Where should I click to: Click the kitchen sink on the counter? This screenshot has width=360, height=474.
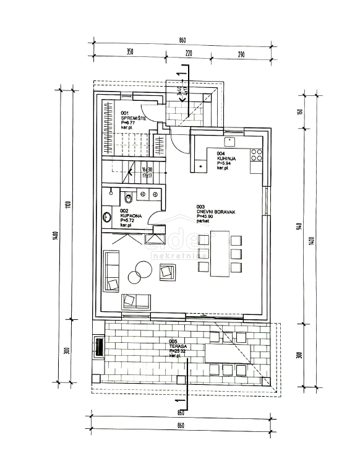click(x=202, y=165)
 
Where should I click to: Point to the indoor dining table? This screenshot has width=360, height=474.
click(x=220, y=254)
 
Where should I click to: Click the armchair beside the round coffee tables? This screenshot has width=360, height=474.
click(x=168, y=271)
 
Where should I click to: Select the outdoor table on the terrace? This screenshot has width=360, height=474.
click(x=228, y=352)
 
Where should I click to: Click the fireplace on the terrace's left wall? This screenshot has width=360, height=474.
click(x=97, y=346)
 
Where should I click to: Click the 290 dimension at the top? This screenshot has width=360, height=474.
click(x=241, y=54)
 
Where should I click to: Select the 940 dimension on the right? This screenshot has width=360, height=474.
click(x=299, y=226)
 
